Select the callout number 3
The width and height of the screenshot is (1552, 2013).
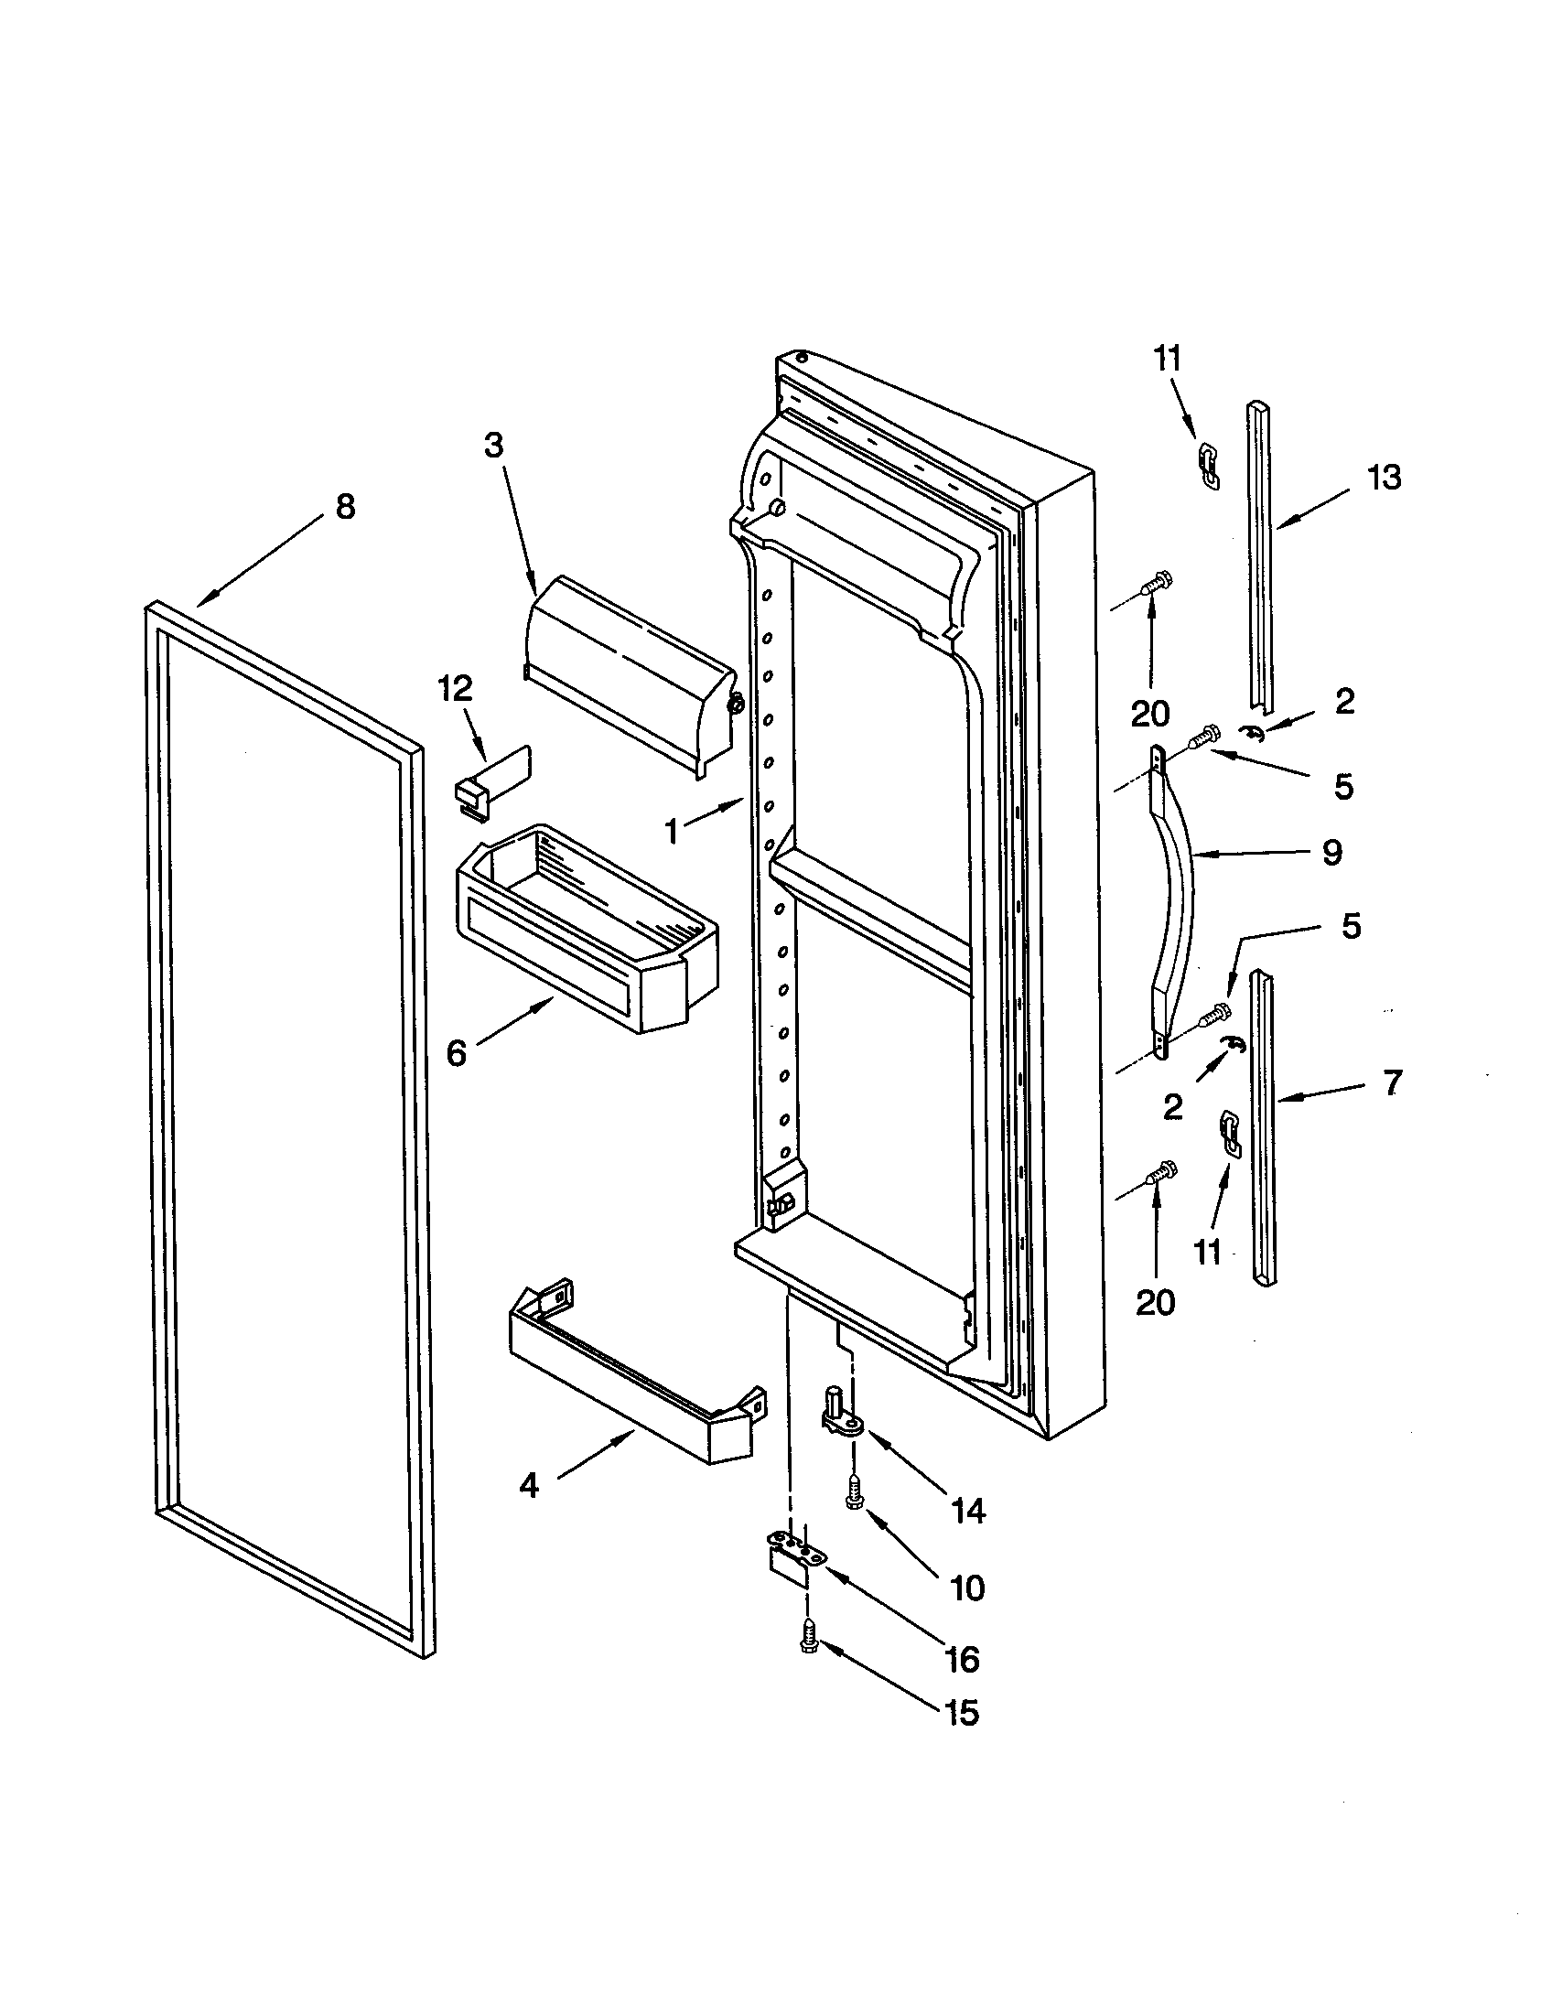point(494,447)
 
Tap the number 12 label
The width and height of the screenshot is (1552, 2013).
point(456,688)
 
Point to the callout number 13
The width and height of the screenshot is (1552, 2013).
point(1385,478)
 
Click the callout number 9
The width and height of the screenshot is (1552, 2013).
point(1331,853)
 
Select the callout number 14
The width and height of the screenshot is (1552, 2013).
point(968,1511)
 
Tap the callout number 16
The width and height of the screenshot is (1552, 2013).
point(962,1660)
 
